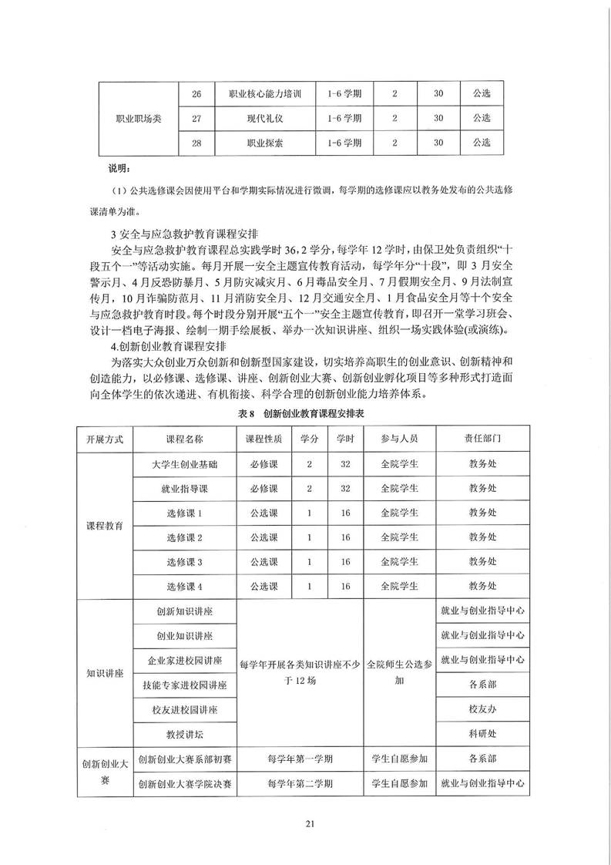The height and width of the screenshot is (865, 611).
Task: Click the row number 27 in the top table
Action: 196,119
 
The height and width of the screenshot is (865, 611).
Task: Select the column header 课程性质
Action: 264,438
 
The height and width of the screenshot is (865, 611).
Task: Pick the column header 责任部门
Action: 483,438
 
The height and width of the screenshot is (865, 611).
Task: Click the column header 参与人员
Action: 399,438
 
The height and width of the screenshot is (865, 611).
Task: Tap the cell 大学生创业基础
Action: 185,465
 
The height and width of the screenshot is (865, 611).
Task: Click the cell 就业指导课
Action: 185,489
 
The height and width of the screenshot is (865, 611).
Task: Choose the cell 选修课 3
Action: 185,561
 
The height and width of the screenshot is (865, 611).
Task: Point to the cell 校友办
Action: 483,708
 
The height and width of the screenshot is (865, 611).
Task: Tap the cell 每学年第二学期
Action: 300,783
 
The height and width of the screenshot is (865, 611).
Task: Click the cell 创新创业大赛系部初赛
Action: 185,759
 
